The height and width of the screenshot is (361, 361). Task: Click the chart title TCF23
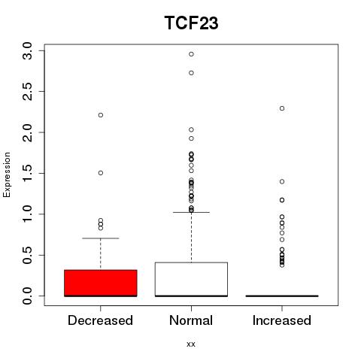point(191,23)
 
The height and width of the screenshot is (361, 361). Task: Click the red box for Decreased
point(101,283)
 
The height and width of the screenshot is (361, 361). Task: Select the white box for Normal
point(191,279)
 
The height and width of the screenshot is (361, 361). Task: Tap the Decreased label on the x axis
point(100,320)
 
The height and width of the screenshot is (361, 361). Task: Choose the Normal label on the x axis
point(191,320)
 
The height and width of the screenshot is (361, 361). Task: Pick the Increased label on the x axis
point(282,320)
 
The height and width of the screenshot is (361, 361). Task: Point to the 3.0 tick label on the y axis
point(27,51)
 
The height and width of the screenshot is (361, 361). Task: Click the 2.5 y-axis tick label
point(27,92)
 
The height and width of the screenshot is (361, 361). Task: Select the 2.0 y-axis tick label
point(27,132)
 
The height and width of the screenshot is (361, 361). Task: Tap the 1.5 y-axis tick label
point(27,173)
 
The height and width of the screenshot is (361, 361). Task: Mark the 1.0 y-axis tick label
point(27,214)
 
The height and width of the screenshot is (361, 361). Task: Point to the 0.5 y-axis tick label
point(27,255)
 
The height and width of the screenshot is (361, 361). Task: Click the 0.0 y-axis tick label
point(27,296)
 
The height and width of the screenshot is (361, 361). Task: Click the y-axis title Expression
point(7,174)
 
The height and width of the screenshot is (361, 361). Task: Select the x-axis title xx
point(191,344)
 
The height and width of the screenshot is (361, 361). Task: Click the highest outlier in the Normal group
point(191,54)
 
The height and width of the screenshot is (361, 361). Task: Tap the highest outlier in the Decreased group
point(101,115)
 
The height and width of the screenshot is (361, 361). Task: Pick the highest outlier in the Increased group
point(282,108)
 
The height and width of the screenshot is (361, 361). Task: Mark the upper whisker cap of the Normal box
point(191,212)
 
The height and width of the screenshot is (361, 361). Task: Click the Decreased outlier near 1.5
point(101,173)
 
